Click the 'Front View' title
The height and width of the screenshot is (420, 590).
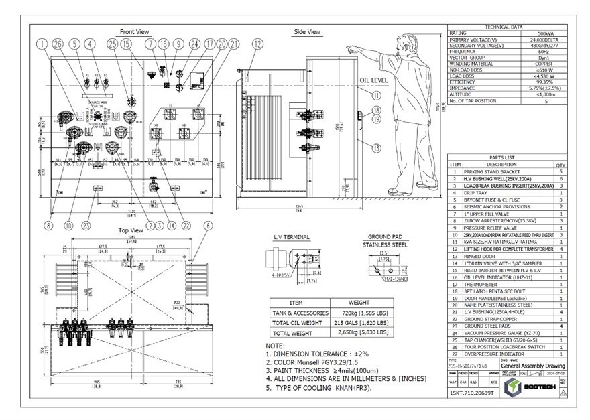(x=134, y=31)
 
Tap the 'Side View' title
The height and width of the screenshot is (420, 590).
(x=307, y=31)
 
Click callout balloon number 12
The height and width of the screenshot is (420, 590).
(x=257, y=44)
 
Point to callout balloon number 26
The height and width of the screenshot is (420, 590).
(x=58, y=44)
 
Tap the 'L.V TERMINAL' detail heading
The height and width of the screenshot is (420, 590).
(x=292, y=237)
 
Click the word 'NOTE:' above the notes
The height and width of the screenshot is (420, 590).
(x=276, y=345)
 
